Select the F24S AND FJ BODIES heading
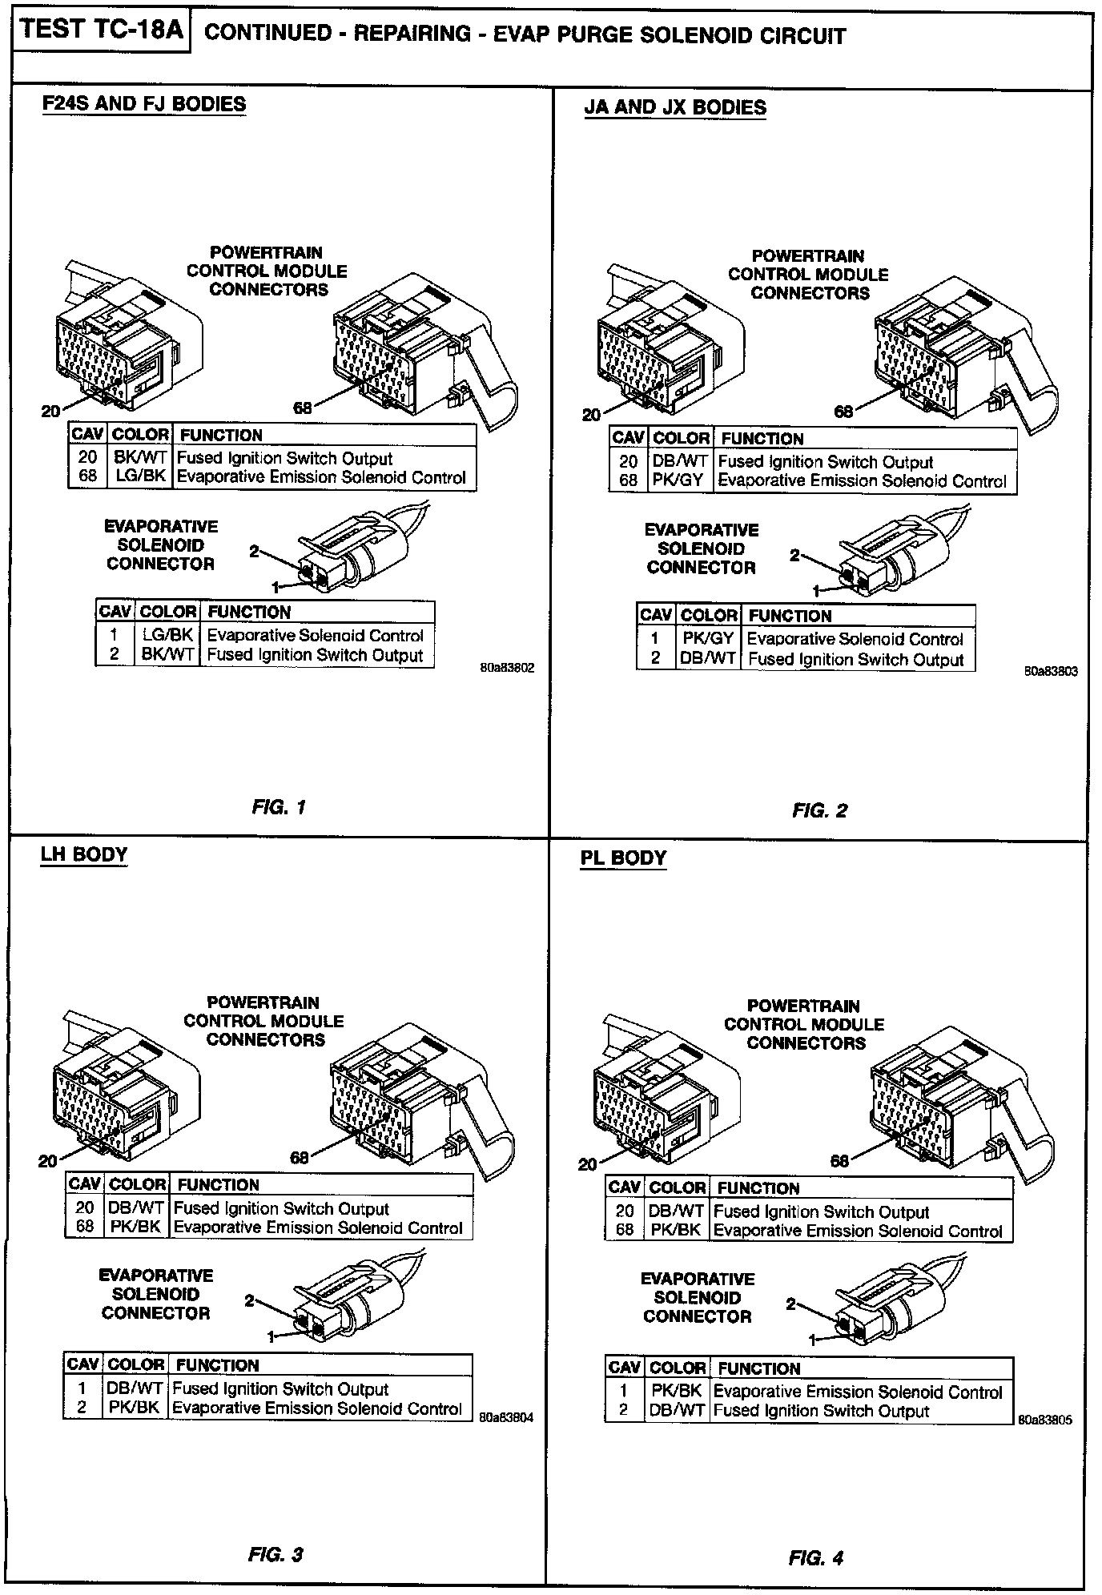(x=144, y=104)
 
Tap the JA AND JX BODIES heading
(x=675, y=107)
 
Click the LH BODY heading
(x=84, y=854)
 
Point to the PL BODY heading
(x=623, y=858)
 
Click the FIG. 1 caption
(x=279, y=807)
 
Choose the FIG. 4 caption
(x=816, y=1558)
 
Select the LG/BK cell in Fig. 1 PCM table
(x=140, y=477)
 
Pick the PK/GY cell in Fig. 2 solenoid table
(x=708, y=639)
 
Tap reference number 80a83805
(x=1045, y=1420)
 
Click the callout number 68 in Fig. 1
(x=302, y=408)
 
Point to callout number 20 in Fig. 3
(x=47, y=1161)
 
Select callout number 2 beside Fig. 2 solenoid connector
(x=794, y=555)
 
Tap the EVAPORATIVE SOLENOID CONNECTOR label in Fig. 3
(x=155, y=1294)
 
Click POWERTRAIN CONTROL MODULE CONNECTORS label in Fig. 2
(x=808, y=275)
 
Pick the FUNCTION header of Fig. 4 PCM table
(x=758, y=1188)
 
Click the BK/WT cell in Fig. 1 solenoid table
(x=167, y=654)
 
